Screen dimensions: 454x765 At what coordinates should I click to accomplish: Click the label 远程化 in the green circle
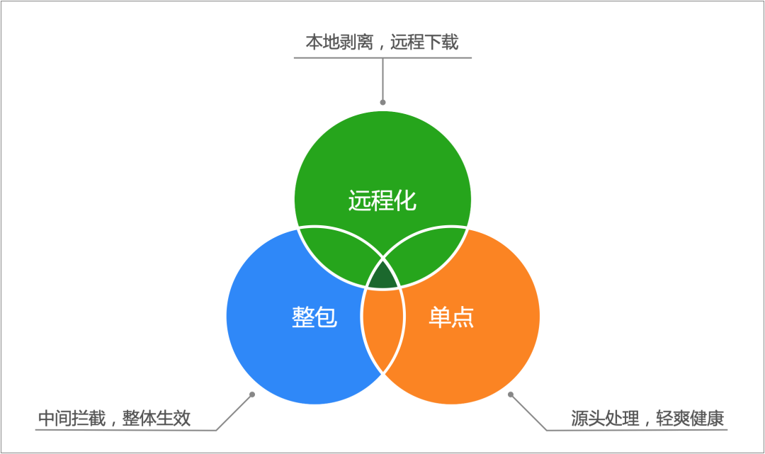tap(382, 200)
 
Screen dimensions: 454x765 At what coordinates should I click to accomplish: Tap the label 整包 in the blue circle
tap(314, 317)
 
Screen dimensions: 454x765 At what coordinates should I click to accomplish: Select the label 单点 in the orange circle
tap(451, 317)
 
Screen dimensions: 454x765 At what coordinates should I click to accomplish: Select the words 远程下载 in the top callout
tap(429, 42)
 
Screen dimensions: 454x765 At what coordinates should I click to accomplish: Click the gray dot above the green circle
tap(383, 103)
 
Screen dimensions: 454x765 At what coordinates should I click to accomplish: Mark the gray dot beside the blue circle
tap(251, 394)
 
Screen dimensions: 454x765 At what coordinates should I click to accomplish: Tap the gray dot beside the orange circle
tap(511, 394)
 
